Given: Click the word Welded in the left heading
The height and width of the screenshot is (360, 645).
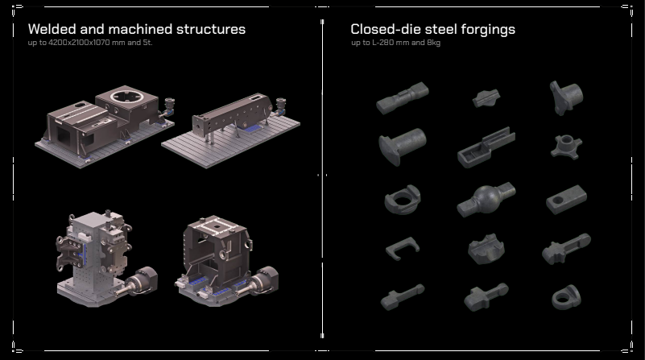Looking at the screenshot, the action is [x=52, y=29].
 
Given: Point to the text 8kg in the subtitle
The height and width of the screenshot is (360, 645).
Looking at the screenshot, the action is [x=433, y=43].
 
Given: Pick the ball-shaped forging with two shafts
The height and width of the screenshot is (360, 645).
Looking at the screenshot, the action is [x=486, y=200].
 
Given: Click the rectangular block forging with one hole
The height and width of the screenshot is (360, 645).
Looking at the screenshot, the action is [x=566, y=200].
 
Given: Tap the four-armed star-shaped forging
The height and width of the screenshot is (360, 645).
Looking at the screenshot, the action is [x=566, y=147].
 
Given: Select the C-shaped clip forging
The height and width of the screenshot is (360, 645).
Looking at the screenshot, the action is [x=403, y=247].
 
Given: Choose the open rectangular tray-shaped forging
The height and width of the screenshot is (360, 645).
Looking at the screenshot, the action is [x=486, y=147].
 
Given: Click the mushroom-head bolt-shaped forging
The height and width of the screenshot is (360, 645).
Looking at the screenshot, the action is [x=402, y=146].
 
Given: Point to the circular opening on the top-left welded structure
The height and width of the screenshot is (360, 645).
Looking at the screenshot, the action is [x=126, y=97].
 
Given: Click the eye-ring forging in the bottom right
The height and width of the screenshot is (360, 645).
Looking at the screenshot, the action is [x=566, y=297].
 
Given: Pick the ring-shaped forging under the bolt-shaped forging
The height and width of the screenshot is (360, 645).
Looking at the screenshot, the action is [x=403, y=199].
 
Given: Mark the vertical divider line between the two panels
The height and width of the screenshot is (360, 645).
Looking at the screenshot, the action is [x=322, y=179].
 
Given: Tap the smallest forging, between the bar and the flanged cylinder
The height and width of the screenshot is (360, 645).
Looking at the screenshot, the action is [x=486, y=98].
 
